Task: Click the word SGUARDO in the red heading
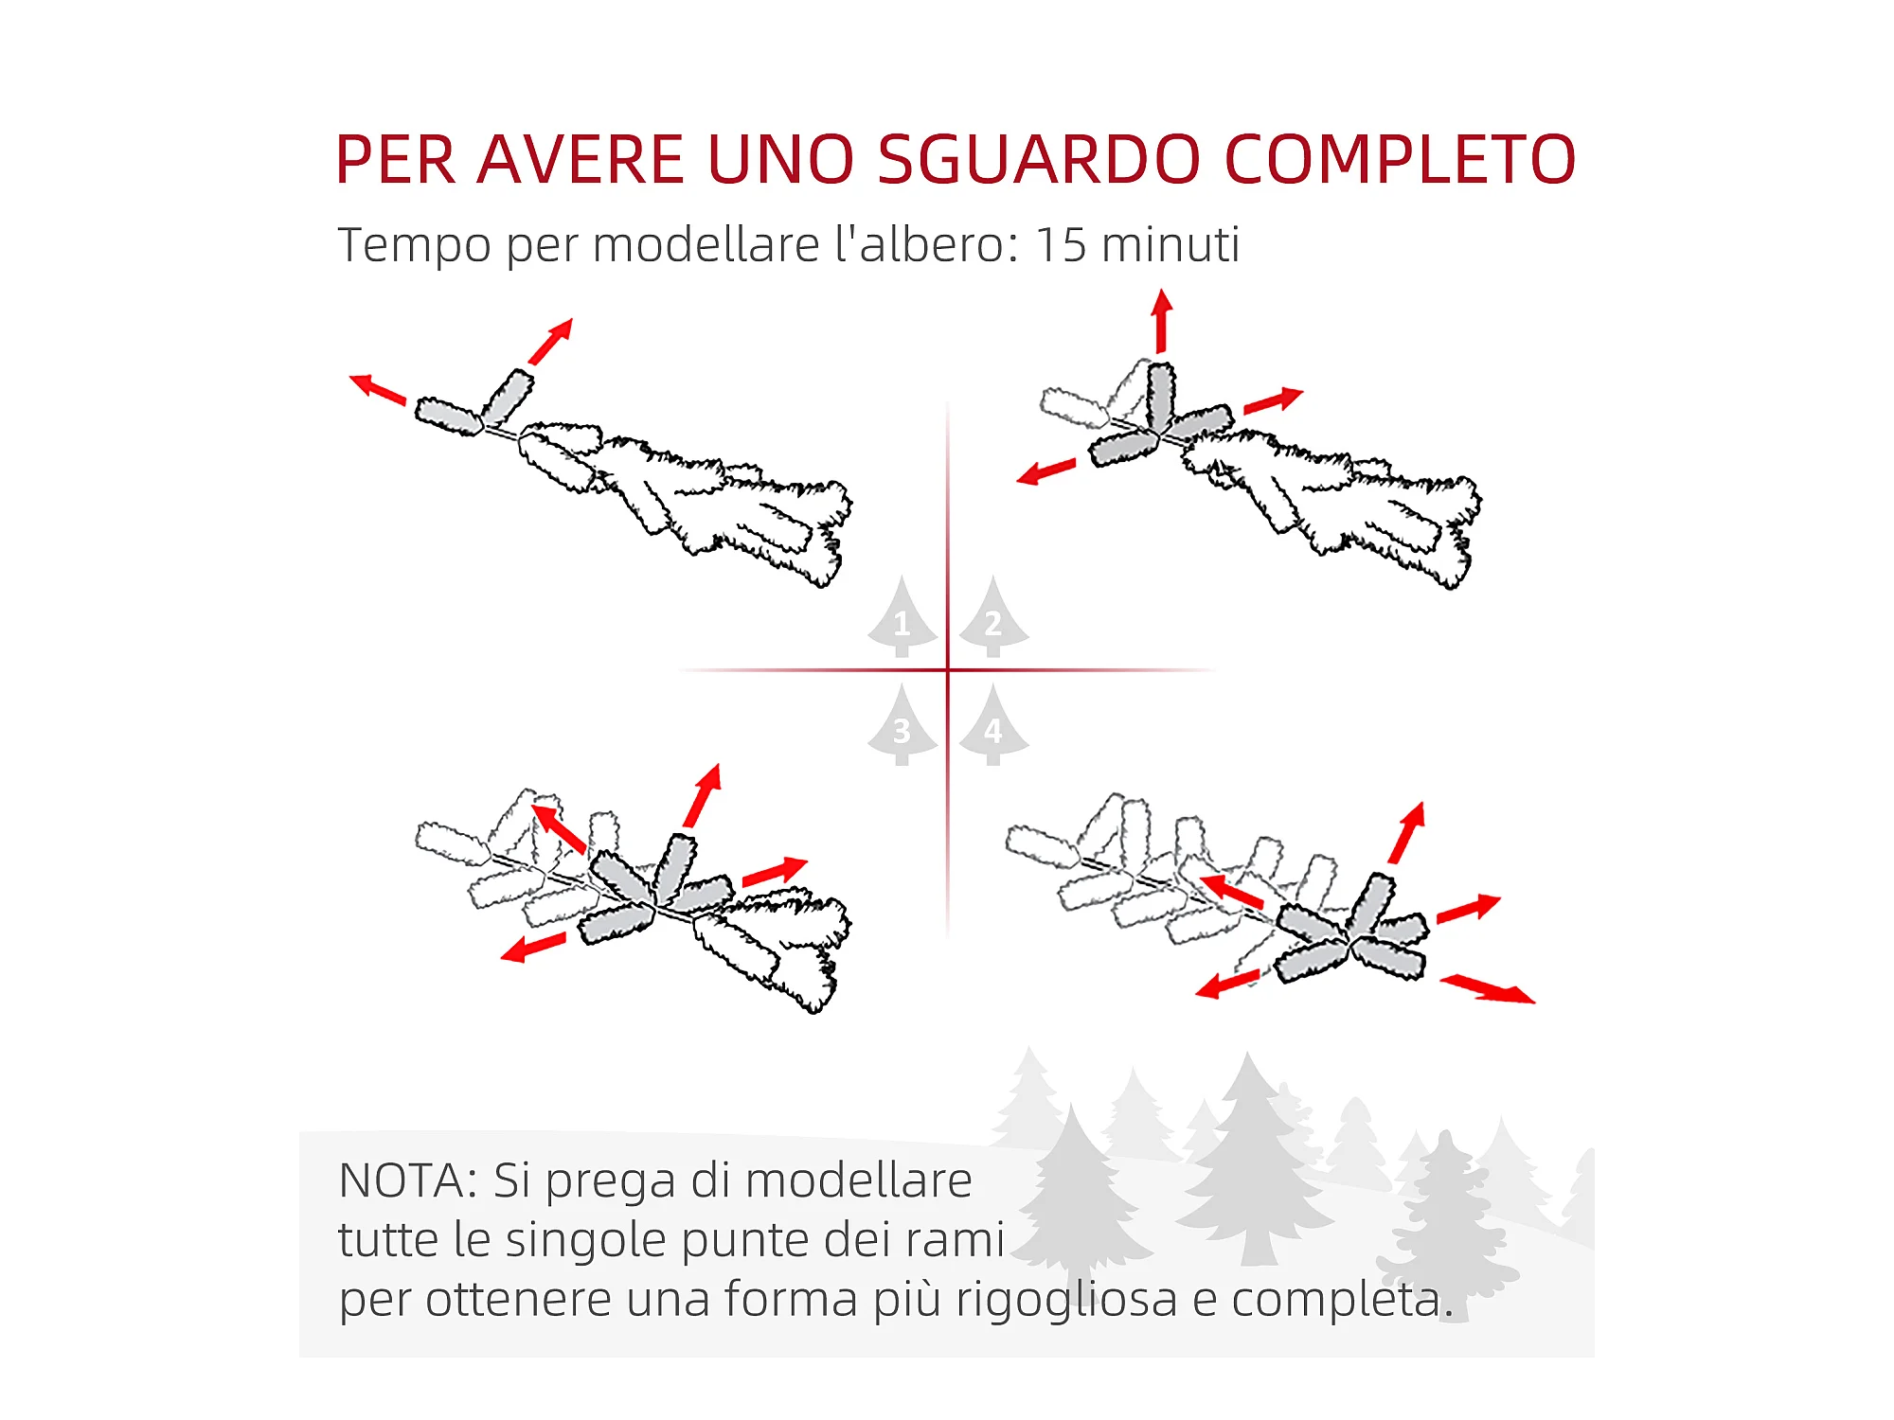pyautogui.click(x=1039, y=159)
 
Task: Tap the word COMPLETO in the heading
pyautogui.click(x=1401, y=159)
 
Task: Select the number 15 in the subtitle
pyautogui.click(x=1060, y=244)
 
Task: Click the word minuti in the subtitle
pyautogui.click(x=1170, y=244)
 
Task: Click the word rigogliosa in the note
pyautogui.click(x=1066, y=1299)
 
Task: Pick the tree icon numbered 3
pyautogui.click(x=902, y=726)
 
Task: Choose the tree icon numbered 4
pyautogui.click(x=993, y=726)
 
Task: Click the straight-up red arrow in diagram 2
pyautogui.click(x=1162, y=322)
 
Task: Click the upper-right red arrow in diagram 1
pyautogui.click(x=551, y=341)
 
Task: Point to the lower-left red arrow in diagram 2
pyautogui.click(x=1046, y=470)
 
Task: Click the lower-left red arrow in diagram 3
pyautogui.click(x=533, y=946)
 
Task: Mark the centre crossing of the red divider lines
pyautogui.click(x=947, y=670)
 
